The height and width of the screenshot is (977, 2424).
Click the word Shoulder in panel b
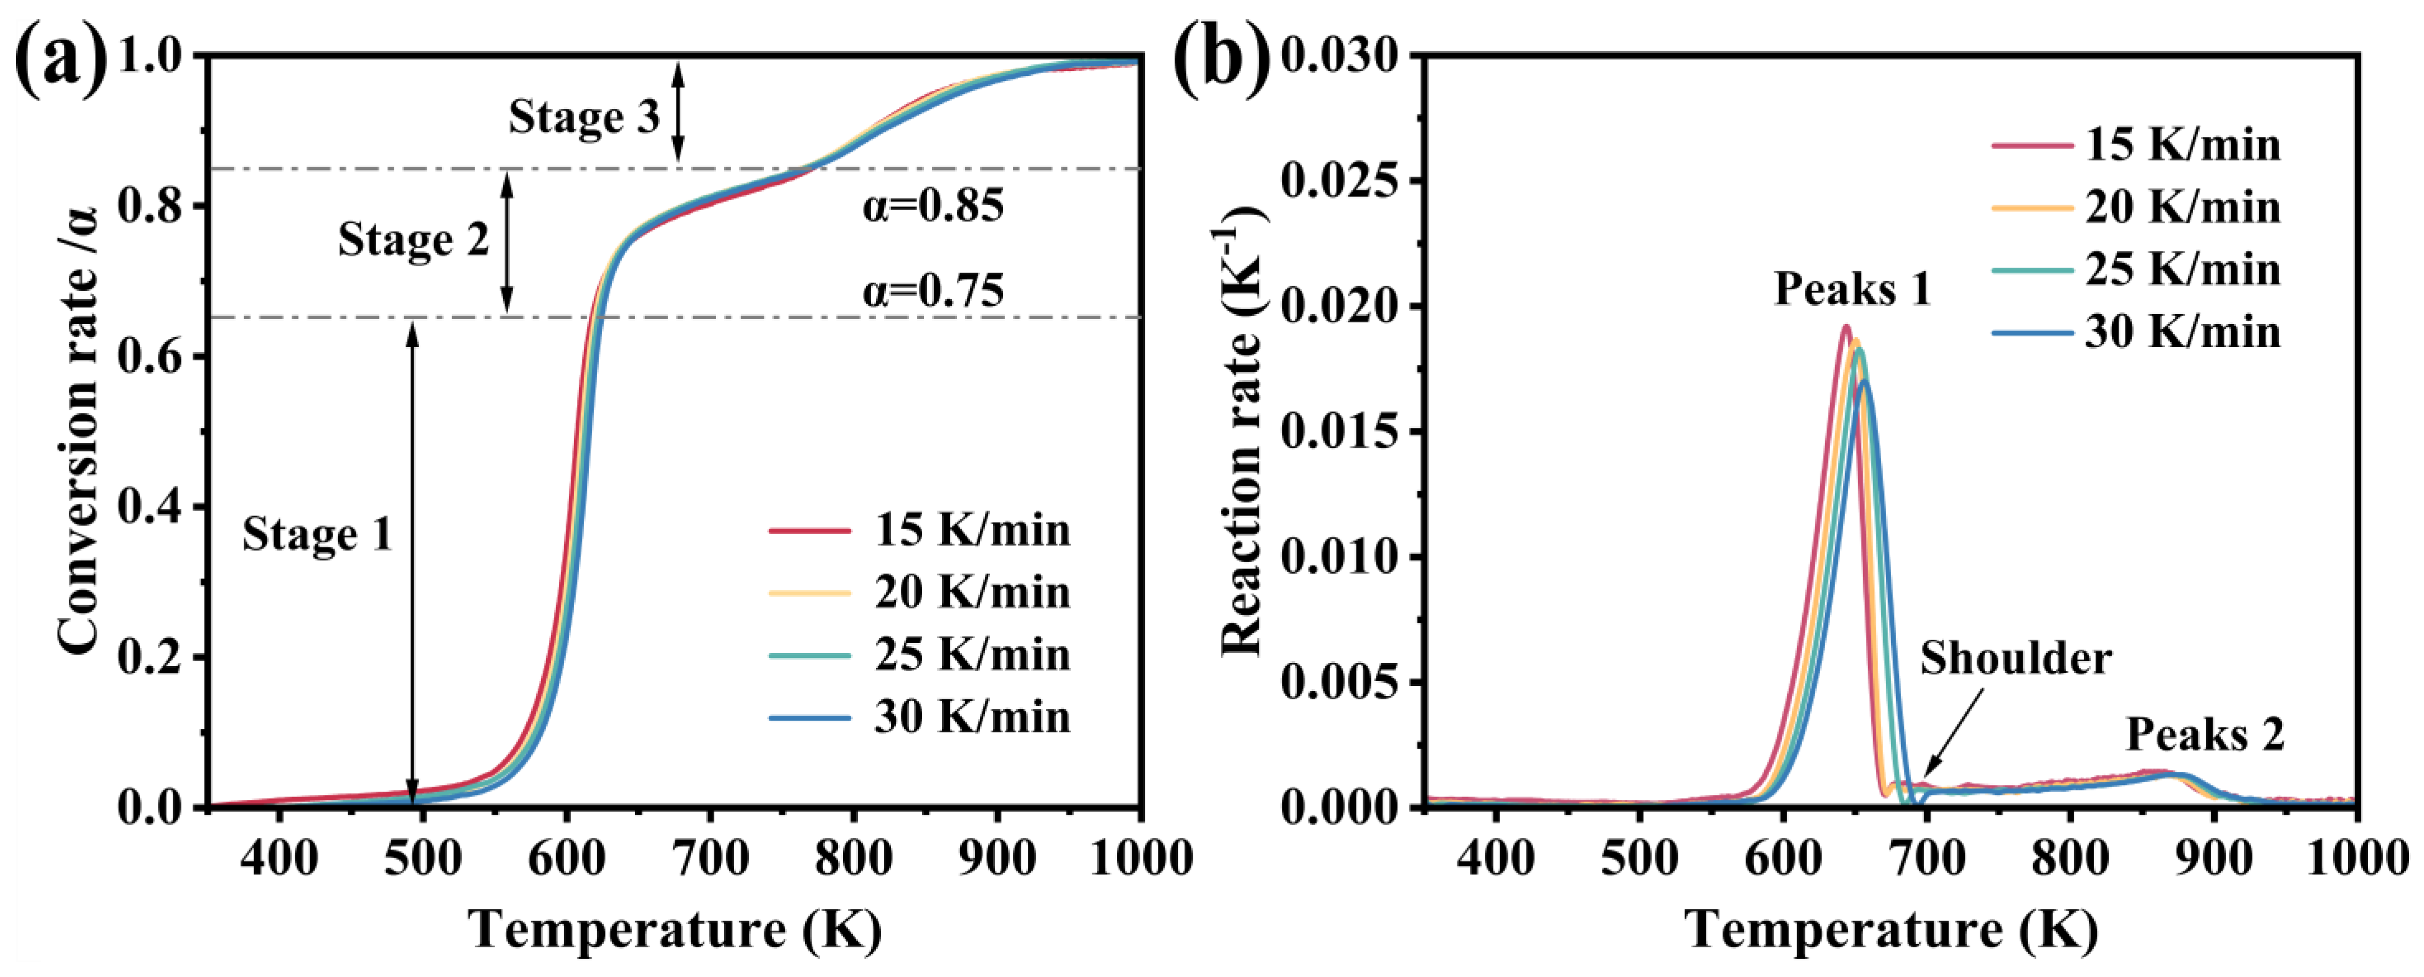(2015, 658)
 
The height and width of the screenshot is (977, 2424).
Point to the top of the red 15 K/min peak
(1845, 327)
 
